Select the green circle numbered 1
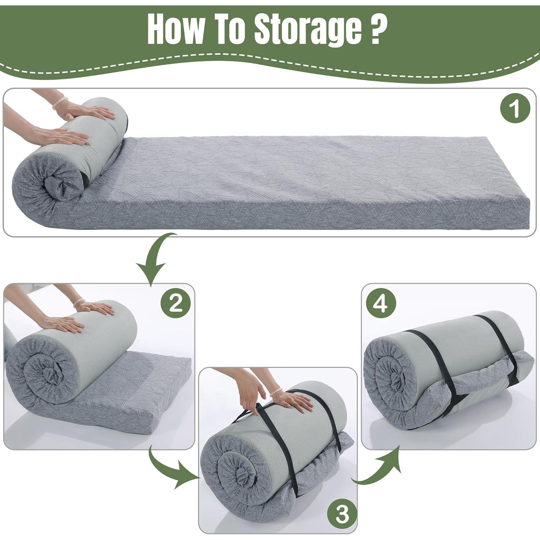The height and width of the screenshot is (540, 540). (x=516, y=108)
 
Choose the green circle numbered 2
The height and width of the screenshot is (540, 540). (x=175, y=305)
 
